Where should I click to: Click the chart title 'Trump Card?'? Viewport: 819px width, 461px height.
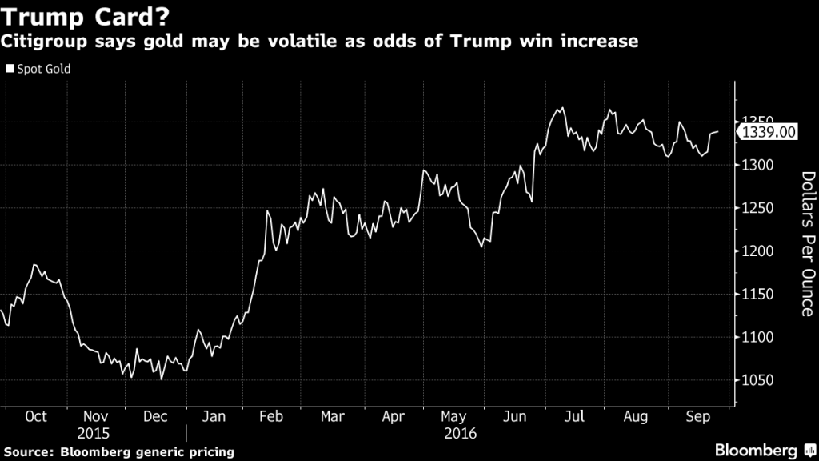pyautogui.click(x=90, y=16)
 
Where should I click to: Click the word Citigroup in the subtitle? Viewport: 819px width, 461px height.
pyautogui.click(x=46, y=41)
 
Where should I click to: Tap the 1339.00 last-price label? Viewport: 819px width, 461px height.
pyautogui.click(x=768, y=132)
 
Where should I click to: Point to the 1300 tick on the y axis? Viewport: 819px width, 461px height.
pyautogui.click(x=757, y=166)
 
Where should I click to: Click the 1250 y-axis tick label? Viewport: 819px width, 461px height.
pyautogui.click(x=757, y=209)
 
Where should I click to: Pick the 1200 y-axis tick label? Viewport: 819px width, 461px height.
pyautogui.click(x=757, y=252)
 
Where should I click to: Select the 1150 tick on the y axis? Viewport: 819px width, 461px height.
pyautogui.click(x=757, y=295)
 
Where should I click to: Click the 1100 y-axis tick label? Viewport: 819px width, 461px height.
pyautogui.click(x=757, y=338)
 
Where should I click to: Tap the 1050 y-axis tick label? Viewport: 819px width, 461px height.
pyautogui.click(x=757, y=381)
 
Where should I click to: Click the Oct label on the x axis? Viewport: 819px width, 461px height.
pyautogui.click(x=36, y=417)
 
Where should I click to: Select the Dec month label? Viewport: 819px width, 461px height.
pyautogui.click(x=155, y=417)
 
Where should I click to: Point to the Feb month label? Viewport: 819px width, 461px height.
pyautogui.click(x=273, y=417)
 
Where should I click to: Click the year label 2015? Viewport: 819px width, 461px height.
pyautogui.click(x=95, y=434)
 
